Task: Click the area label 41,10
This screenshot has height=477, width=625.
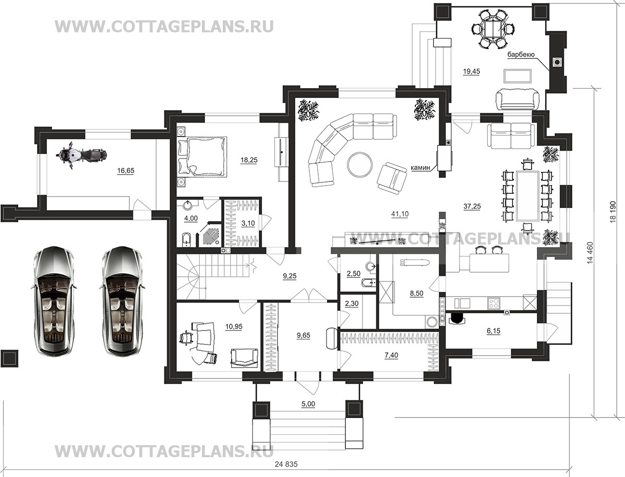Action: [400, 214]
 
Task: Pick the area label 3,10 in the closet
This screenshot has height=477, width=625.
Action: [248, 223]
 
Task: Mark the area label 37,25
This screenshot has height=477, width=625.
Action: [472, 206]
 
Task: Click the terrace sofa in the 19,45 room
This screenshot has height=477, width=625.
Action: [518, 99]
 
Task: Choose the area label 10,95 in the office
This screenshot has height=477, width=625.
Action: [234, 326]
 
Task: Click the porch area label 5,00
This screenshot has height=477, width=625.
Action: [308, 403]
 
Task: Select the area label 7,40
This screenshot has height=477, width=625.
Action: [391, 355]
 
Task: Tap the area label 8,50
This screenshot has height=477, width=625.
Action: [416, 294]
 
